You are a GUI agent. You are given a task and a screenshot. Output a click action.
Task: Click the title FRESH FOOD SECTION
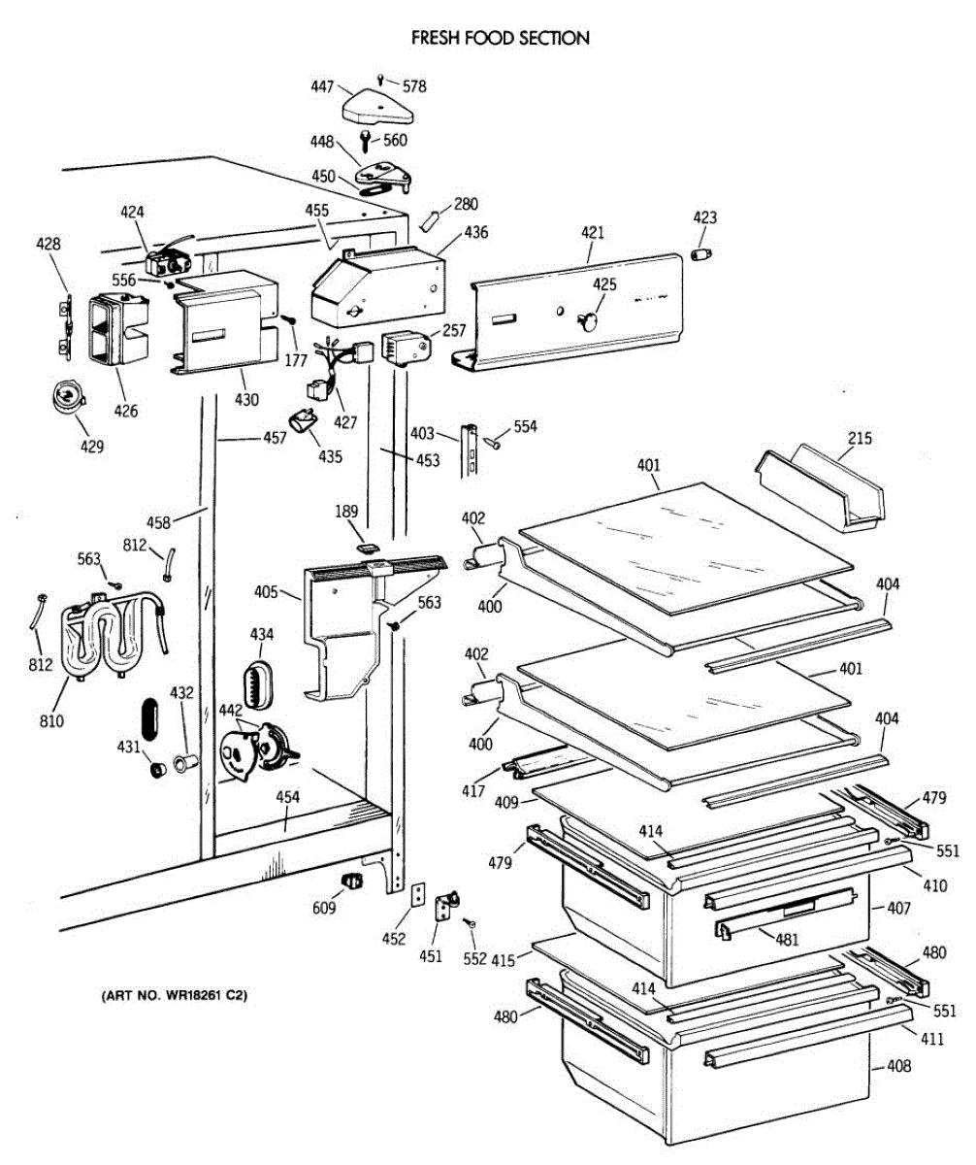pos(500,39)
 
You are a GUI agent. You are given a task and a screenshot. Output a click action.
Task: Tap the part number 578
pos(414,86)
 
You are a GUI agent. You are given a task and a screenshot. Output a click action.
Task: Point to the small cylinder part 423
pos(702,254)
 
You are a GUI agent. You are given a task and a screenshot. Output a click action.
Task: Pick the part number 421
pos(593,233)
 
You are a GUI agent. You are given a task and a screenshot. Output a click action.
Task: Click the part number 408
pos(898,1067)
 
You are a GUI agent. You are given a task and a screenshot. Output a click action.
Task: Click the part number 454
pos(287,797)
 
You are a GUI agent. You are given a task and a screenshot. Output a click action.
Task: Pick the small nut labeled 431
pos(152,770)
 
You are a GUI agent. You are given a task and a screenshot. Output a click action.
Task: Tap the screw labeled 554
pos(492,442)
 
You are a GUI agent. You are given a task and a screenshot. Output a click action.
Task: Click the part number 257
pos(453,331)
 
